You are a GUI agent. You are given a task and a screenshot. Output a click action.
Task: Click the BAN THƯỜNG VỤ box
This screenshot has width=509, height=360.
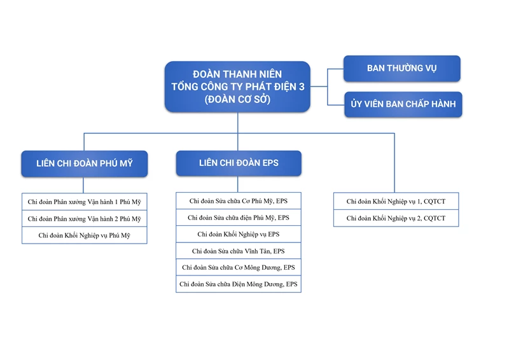[402, 69]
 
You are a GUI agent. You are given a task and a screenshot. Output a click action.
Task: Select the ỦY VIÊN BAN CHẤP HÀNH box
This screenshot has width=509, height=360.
[403, 104]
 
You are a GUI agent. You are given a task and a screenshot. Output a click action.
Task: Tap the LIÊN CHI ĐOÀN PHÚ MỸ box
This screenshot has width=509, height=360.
[85, 163]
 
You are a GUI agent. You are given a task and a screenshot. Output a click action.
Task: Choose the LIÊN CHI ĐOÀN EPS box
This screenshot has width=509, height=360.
[239, 163]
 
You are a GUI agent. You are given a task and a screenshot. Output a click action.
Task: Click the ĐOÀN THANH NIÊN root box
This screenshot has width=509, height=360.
[237, 87]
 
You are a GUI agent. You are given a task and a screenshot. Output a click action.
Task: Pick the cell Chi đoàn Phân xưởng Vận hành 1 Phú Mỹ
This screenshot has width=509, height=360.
[85, 202]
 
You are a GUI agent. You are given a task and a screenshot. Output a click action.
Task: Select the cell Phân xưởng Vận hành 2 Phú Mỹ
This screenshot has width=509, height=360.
[85, 219]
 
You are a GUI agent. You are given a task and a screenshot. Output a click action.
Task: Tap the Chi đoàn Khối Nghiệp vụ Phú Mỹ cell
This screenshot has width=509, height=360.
[85, 235]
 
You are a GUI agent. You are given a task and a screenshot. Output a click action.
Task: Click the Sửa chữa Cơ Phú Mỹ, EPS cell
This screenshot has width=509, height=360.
[239, 201]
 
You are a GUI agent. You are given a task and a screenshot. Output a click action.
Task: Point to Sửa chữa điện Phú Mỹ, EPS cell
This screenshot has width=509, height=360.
[239, 218]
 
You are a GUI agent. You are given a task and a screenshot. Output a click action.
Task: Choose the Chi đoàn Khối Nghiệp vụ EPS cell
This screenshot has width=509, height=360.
[239, 234]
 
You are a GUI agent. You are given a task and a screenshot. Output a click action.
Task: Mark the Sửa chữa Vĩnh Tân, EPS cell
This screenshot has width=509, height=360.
[239, 251]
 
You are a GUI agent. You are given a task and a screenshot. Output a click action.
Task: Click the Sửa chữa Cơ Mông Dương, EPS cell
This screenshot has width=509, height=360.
[239, 268]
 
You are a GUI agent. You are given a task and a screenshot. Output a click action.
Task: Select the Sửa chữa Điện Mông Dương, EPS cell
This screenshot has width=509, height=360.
[239, 284]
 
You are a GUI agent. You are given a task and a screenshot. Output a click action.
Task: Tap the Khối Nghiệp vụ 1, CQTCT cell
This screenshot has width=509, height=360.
[396, 201]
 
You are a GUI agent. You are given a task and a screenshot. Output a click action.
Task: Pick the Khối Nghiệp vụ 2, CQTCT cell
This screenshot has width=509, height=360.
[396, 218]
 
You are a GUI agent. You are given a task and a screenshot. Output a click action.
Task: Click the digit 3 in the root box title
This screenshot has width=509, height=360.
[302, 87]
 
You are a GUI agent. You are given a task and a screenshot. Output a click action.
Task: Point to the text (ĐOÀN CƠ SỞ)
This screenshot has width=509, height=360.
[237, 99]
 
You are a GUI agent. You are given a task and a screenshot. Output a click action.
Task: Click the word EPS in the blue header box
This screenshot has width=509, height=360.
[270, 163]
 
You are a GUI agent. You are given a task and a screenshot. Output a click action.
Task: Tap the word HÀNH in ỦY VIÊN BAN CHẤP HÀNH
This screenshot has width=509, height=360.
[443, 104]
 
